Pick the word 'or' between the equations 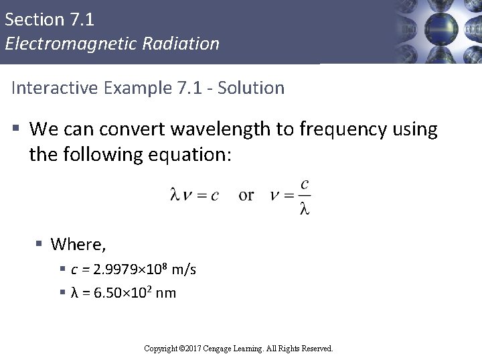tap(246, 195)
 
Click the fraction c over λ tap(304, 196)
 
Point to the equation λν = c tap(193, 196)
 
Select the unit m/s tap(184, 269)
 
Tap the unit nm tap(165, 293)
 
